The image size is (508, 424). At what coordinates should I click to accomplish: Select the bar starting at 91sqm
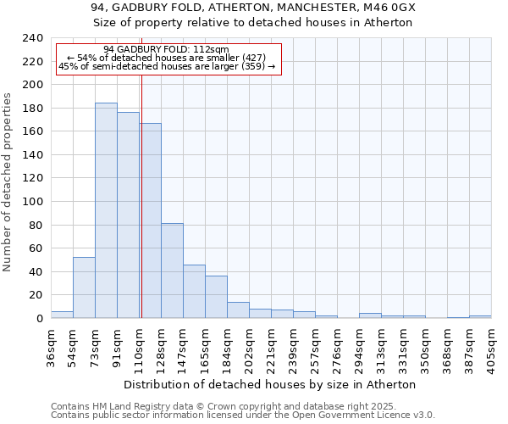tap(128, 215)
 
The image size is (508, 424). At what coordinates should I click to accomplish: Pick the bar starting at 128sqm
tap(172, 271)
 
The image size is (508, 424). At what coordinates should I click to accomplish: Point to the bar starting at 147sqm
tap(194, 292)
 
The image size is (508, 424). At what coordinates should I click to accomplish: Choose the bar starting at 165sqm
tap(216, 297)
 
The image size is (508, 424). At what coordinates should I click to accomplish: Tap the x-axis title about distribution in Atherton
tap(276, 384)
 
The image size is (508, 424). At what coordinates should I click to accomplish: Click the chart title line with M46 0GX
tap(253, 8)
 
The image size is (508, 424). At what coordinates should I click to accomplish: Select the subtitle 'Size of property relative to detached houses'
tap(253, 23)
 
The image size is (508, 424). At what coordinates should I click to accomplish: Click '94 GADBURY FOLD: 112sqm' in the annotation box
tap(166, 50)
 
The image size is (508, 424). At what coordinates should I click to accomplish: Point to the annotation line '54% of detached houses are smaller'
tap(166, 58)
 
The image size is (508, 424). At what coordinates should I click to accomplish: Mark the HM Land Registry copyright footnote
tap(241, 406)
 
